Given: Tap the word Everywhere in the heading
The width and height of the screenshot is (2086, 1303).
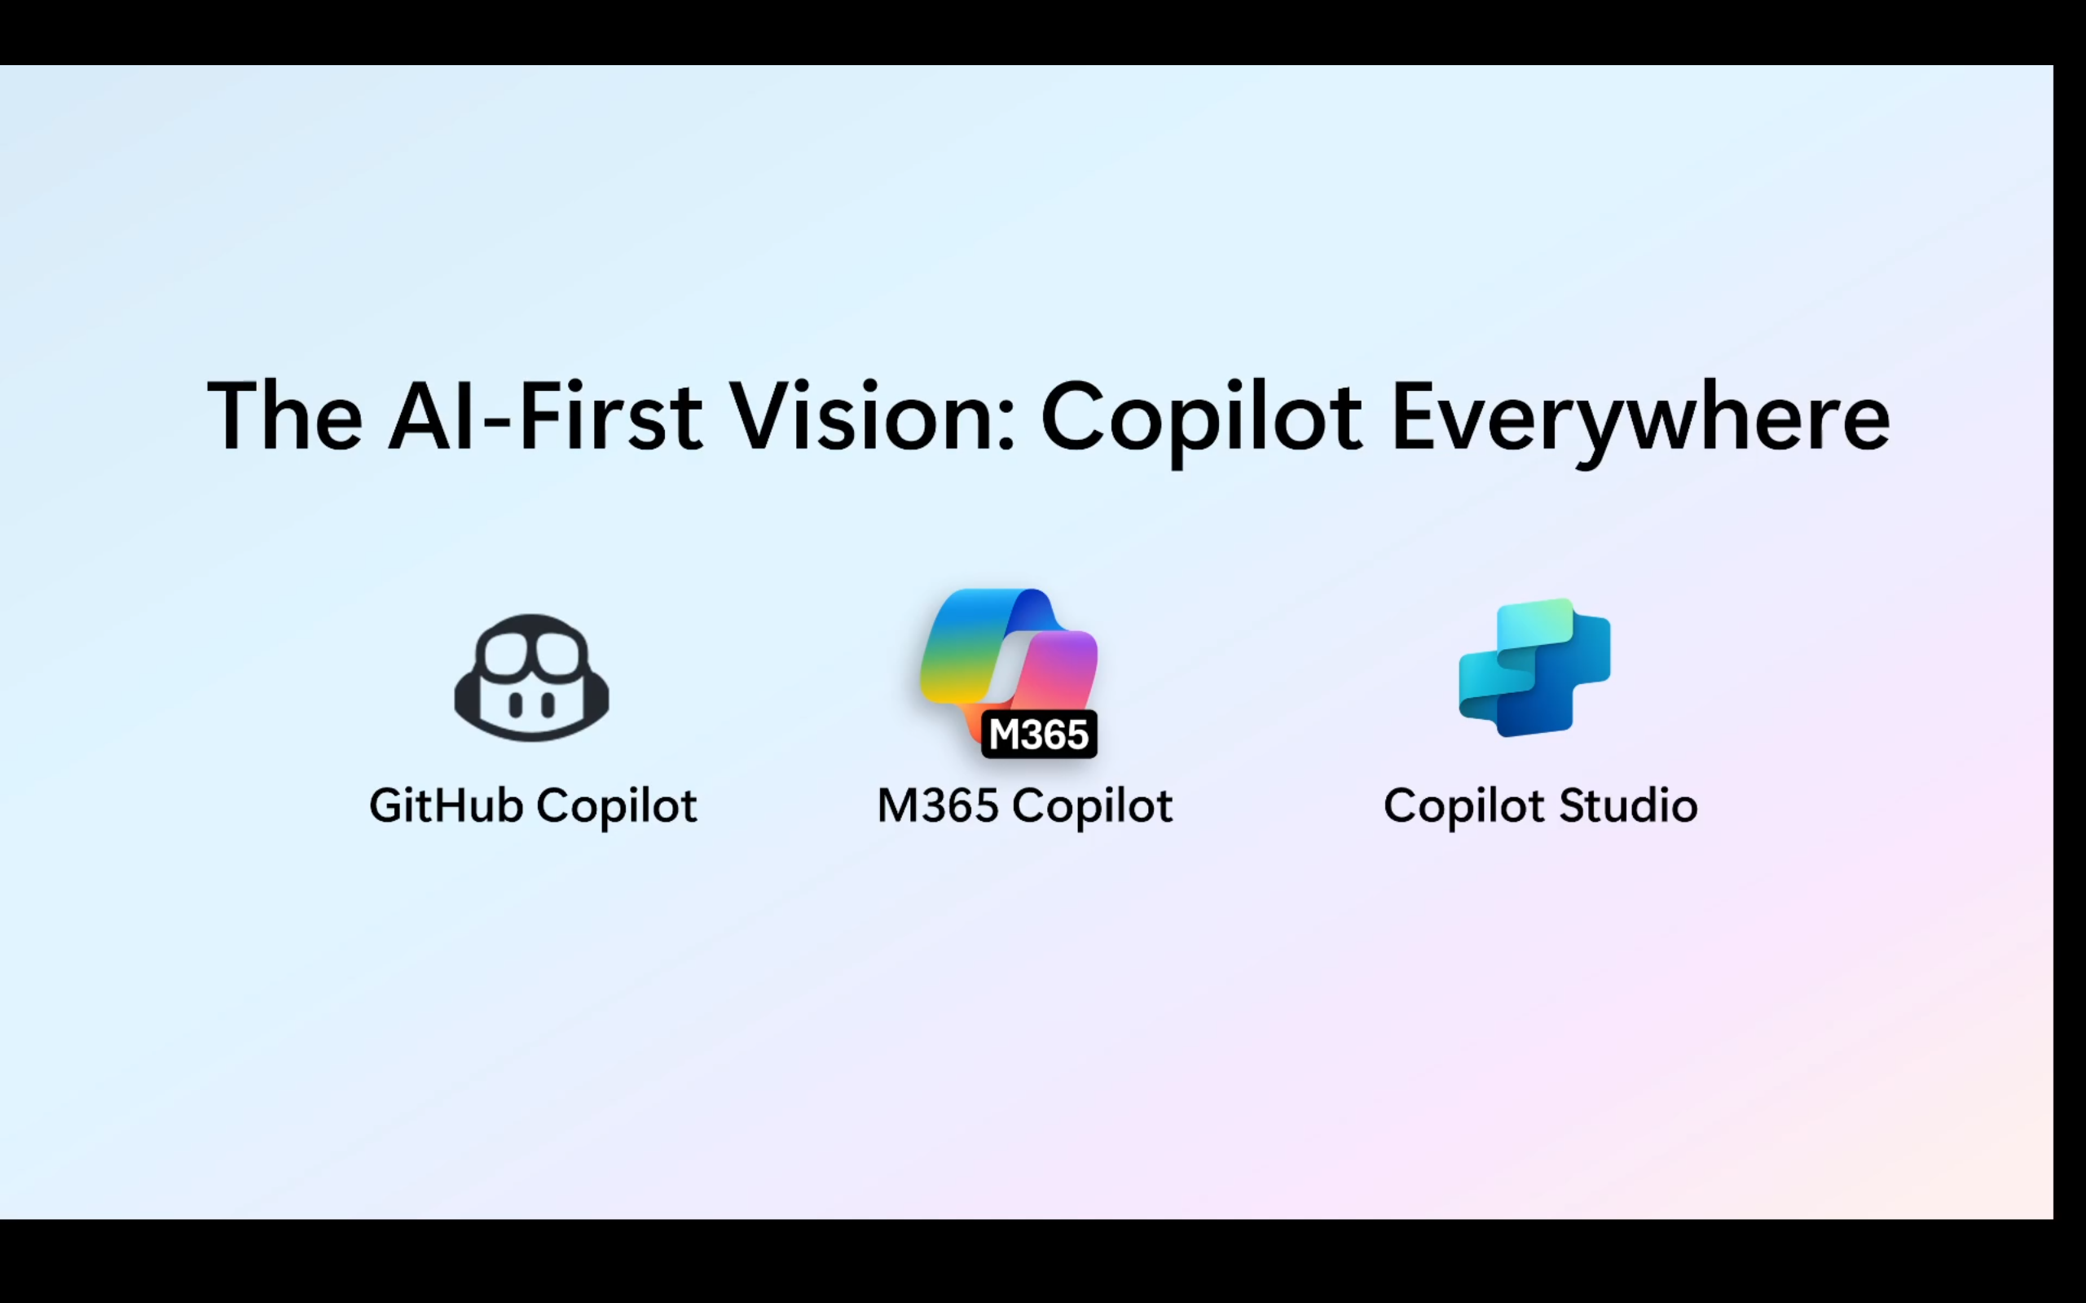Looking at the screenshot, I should point(1640,418).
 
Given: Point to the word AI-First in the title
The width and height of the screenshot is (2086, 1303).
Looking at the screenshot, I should point(545,416).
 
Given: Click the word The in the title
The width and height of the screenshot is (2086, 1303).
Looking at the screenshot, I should point(284,416).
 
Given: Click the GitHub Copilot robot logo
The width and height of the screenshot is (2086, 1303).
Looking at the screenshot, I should point(532,678).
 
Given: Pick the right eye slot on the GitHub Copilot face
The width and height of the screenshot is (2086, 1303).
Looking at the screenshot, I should point(547,706).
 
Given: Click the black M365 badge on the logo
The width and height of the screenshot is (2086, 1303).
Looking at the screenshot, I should point(1039,735).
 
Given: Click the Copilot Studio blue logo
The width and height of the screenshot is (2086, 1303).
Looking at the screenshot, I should point(1534,668).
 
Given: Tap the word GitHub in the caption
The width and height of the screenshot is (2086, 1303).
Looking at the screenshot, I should point(446,805).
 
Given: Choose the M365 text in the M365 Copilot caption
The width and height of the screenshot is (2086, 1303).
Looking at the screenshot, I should point(937,805).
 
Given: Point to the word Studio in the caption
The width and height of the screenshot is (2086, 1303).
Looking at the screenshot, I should point(1628,805).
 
